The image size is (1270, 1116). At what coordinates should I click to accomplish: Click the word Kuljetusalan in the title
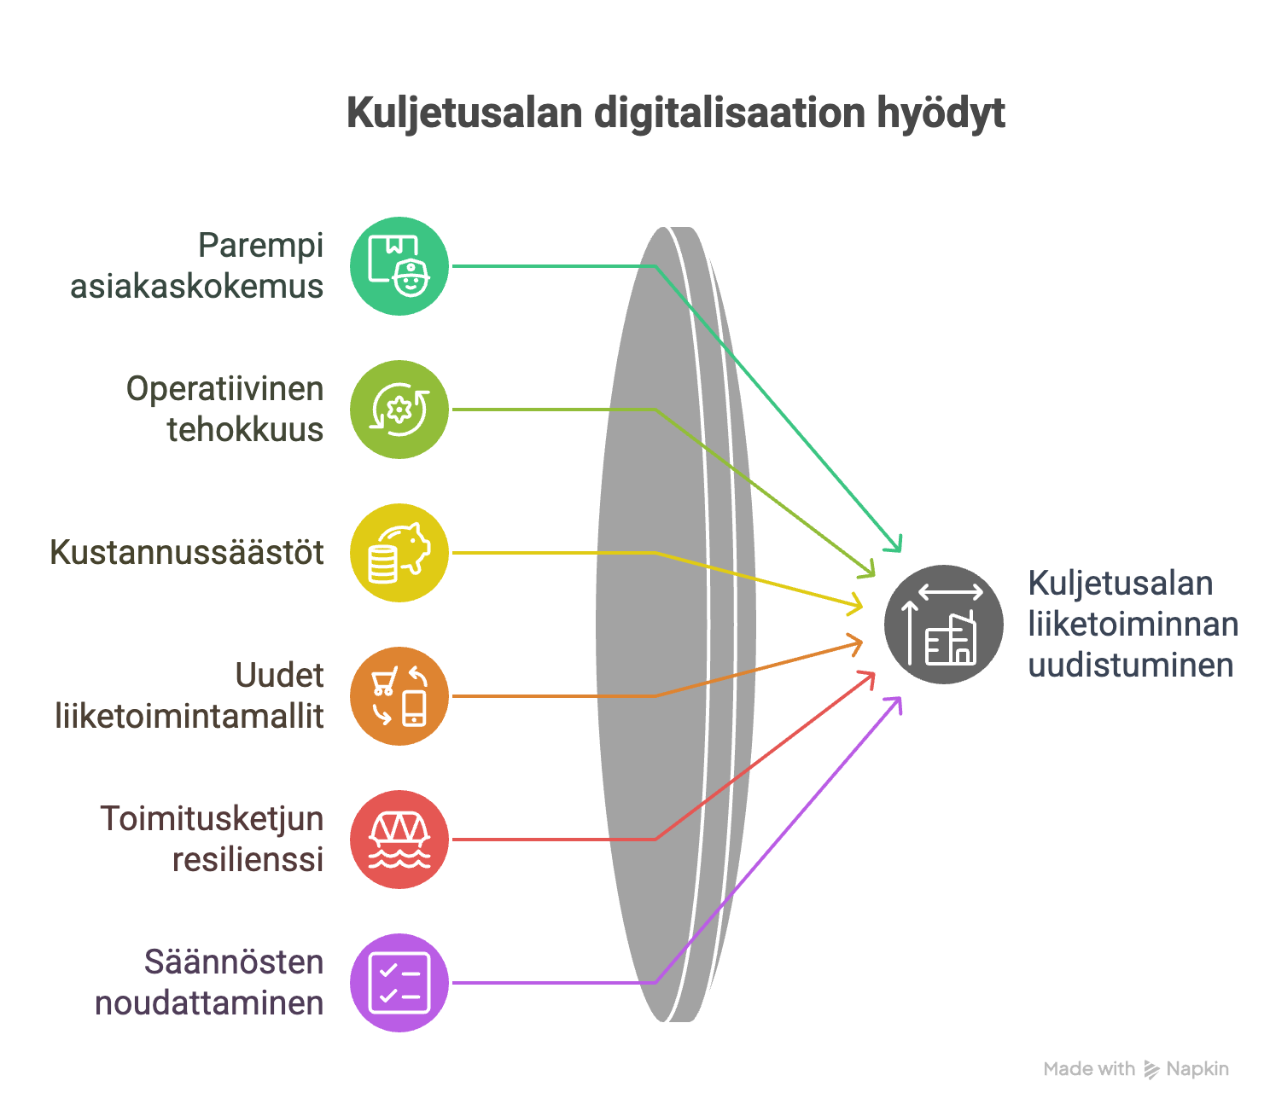click(464, 113)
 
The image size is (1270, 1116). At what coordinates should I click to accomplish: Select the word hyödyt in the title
click(941, 114)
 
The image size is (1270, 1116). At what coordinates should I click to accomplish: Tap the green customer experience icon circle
click(399, 265)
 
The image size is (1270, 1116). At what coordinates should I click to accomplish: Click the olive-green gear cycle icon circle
click(399, 410)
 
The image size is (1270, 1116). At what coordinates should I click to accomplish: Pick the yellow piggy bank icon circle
click(399, 553)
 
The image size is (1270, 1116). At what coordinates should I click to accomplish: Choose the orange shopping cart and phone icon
click(399, 695)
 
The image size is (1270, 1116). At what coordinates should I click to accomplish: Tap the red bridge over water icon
click(399, 839)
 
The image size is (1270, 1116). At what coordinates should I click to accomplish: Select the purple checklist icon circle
click(399, 983)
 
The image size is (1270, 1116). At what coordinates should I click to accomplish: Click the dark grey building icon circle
click(943, 624)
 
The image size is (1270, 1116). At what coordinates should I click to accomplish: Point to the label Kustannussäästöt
click(187, 552)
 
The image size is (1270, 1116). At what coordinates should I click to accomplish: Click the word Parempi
click(261, 246)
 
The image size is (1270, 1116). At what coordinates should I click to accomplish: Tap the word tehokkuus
click(245, 430)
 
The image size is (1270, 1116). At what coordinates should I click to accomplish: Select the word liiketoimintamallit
click(189, 716)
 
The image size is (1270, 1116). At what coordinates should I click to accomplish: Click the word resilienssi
click(248, 860)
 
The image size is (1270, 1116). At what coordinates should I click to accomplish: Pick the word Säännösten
click(234, 962)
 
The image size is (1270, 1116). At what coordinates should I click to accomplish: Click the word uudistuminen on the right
click(1130, 665)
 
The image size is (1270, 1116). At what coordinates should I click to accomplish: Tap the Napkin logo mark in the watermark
click(1151, 1069)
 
